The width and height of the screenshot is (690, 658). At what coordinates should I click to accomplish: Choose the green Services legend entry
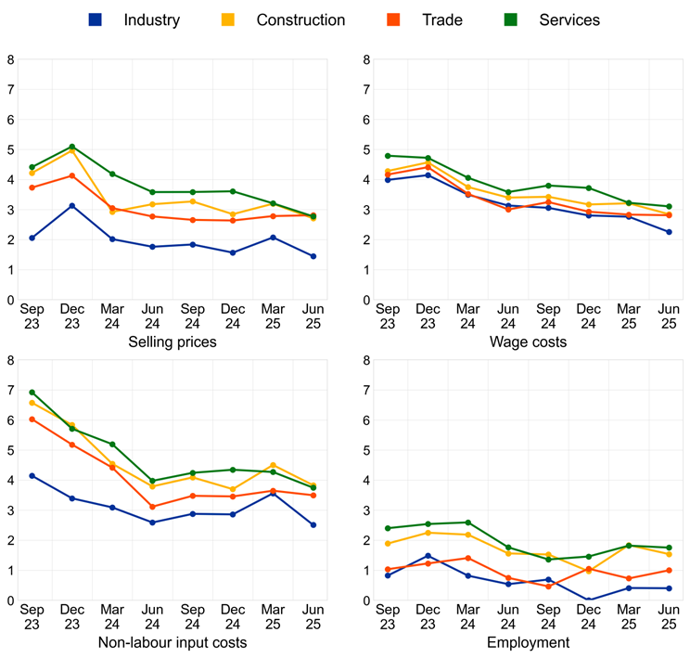569,19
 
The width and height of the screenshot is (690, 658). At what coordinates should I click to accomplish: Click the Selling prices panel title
185,342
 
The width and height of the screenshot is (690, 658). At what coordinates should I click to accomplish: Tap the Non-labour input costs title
185,642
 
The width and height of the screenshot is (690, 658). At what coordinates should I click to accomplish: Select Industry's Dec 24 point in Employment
588,600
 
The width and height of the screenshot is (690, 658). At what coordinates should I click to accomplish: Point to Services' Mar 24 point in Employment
467,523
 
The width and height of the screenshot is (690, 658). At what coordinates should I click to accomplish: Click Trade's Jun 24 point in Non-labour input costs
152,507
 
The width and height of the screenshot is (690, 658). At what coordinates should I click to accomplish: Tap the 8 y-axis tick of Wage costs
367,59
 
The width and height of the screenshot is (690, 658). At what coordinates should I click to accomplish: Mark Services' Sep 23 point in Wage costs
388,156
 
